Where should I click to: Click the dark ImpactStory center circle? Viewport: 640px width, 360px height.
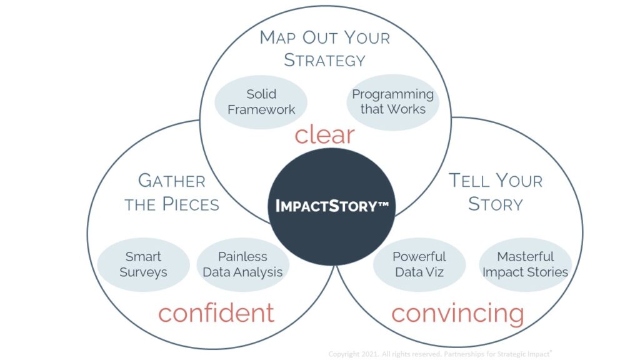click(332, 206)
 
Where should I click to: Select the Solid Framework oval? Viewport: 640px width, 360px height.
click(261, 102)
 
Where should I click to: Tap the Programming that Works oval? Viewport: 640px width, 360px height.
click(392, 102)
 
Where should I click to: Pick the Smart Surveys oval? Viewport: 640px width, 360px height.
click(144, 264)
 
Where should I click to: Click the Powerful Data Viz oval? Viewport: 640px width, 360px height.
click(419, 264)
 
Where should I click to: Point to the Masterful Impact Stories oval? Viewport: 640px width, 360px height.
click(525, 264)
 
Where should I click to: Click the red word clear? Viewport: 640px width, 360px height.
click(324, 134)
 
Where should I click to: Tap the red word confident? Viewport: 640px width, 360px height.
click(216, 312)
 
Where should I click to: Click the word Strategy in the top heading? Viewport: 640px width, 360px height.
click(324, 61)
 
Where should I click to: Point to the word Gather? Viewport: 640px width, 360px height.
click(171, 181)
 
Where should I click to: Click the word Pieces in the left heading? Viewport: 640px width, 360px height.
click(190, 204)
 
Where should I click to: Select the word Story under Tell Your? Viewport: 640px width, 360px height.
click(495, 204)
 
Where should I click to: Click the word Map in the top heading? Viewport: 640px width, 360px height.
click(277, 37)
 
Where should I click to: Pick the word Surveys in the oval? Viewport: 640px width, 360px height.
click(144, 272)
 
